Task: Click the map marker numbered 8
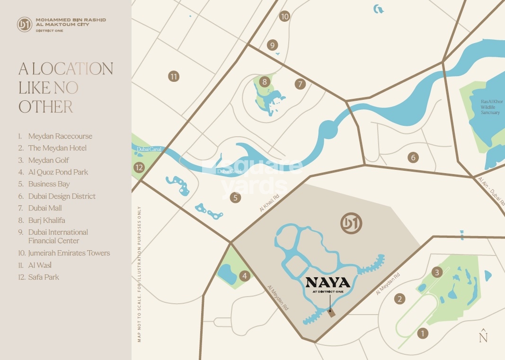264,82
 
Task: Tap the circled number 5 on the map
236,198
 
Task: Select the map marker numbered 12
139,167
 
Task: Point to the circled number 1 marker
422,333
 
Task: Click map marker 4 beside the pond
245,276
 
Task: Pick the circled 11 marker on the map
174,76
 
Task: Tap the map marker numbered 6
414,157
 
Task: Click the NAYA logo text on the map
328,283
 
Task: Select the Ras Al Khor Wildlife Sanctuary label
490,107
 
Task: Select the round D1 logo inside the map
351,223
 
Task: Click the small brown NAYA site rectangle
332,313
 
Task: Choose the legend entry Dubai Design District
62,196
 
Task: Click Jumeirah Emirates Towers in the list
69,253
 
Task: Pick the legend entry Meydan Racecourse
60,136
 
